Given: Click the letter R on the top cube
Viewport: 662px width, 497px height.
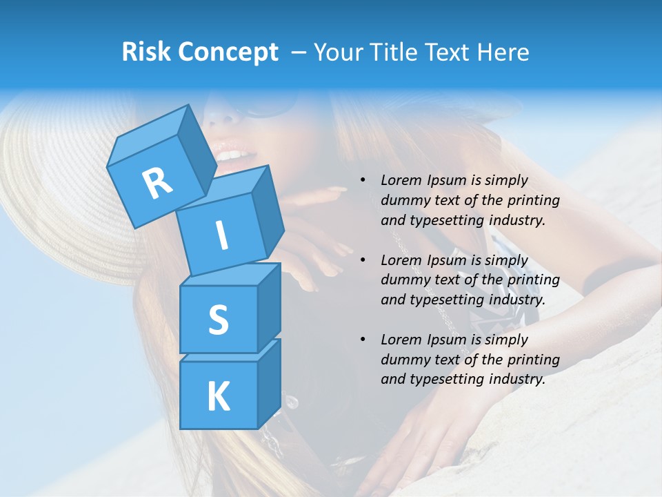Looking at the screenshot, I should tap(157, 183).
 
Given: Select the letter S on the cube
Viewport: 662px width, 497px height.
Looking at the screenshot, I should tap(218, 320).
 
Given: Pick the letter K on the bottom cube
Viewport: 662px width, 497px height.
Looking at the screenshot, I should tap(218, 397).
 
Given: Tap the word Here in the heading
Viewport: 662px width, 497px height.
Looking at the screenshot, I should tap(503, 52).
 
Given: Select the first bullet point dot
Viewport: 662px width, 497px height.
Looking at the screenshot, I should tap(363, 181).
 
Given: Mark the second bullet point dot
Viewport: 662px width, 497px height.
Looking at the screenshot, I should tap(363, 261).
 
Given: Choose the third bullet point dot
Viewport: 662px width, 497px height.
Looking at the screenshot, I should tap(363, 340).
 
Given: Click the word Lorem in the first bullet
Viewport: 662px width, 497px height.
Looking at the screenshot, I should tap(401, 180).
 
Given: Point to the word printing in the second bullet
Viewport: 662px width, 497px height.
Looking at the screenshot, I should tap(534, 280).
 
